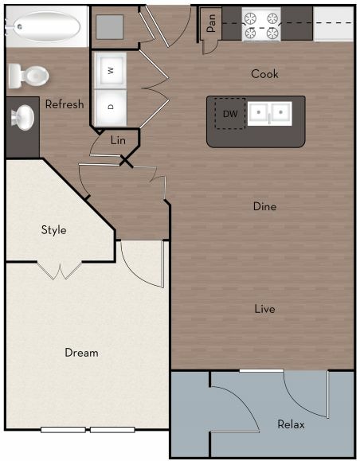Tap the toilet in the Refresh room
pos(29,76)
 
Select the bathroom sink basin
pos(22,118)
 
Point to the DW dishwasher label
pos(229,114)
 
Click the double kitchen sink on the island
pos(268,114)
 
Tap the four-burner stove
pos(262,25)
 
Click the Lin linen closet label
pos(118,140)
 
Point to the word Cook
pos(264,74)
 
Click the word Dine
pos(264,206)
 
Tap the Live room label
pos(264,308)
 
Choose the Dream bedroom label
pos(81,353)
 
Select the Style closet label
pos(54,230)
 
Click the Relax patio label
pos(291,424)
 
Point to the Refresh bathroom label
pos(65,104)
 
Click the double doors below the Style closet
pos(61,271)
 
